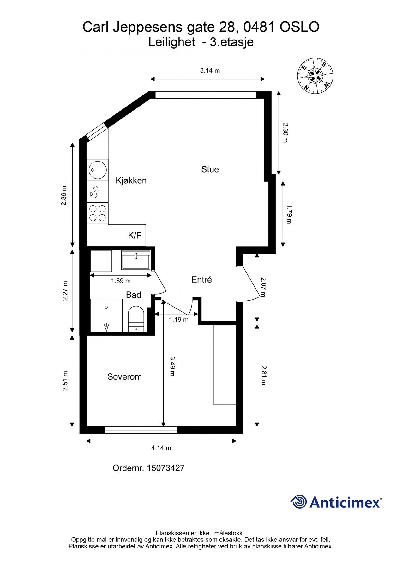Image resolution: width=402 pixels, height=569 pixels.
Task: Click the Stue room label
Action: click(x=210, y=169)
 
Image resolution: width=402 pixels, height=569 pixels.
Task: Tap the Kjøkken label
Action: click(x=131, y=180)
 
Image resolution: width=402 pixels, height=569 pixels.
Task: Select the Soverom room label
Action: click(x=124, y=376)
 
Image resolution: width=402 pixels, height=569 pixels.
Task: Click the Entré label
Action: click(x=201, y=279)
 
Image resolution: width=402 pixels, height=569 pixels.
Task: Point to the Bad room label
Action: click(x=133, y=295)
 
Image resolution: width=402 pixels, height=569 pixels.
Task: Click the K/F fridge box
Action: click(x=135, y=236)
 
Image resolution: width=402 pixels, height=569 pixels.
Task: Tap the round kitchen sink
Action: click(x=97, y=169)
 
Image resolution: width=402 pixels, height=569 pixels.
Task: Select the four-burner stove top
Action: click(x=98, y=213)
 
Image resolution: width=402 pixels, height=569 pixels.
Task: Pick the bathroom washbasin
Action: click(x=136, y=260)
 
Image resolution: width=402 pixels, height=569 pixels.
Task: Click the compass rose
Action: click(x=315, y=76)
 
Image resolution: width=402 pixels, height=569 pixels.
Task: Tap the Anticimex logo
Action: click(x=336, y=502)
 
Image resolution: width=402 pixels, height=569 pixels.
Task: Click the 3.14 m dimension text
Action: click(x=210, y=70)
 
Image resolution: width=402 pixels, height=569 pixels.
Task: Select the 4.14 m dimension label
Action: click(x=161, y=448)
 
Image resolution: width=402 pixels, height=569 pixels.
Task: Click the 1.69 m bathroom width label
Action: click(x=121, y=281)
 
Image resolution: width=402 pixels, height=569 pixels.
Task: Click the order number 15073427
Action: click(x=148, y=468)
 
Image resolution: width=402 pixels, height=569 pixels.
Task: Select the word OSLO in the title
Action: click(x=300, y=27)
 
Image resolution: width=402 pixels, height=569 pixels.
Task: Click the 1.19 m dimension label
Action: click(x=178, y=320)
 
